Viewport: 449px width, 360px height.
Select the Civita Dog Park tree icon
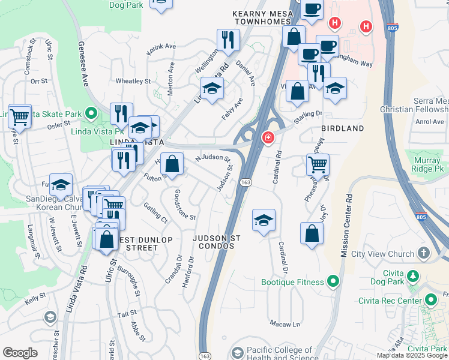click(413, 276)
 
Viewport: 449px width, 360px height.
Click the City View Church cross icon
click(424, 254)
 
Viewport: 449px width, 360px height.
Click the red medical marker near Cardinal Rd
click(267, 139)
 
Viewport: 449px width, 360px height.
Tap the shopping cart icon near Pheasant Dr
click(317, 163)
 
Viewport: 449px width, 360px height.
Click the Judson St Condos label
click(217, 242)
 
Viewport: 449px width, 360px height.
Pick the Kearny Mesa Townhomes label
click(262, 16)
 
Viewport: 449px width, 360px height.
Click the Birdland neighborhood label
click(343, 128)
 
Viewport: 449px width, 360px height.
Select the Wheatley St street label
click(133, 81)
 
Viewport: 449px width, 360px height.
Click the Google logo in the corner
click(20, 353)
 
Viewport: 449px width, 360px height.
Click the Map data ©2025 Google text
click(412, 355)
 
